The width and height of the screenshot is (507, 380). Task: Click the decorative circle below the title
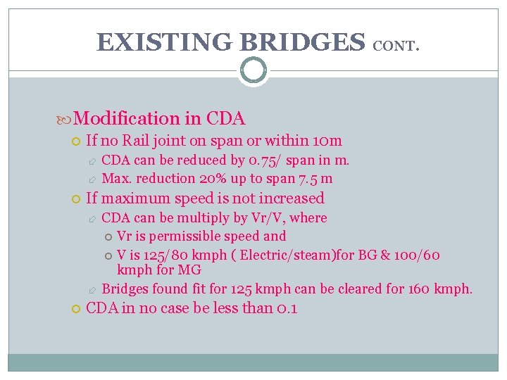tap(253, 70)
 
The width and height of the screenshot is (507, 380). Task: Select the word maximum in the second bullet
tap(134, 198)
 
